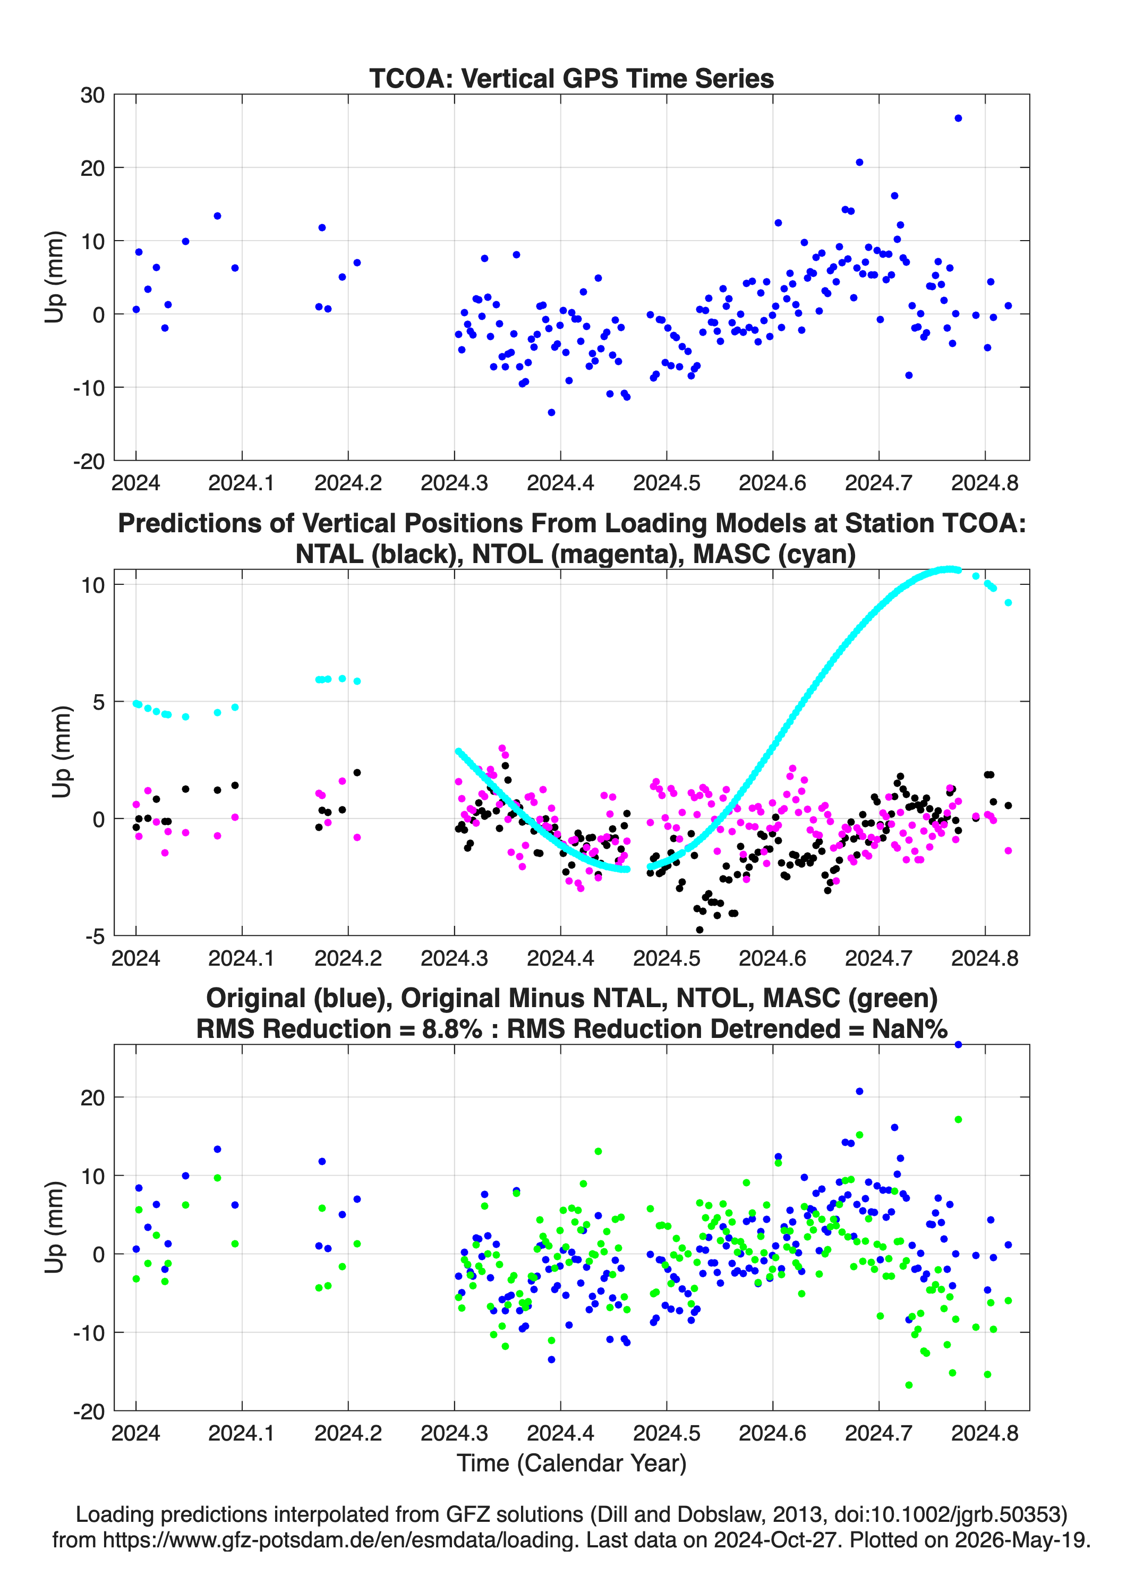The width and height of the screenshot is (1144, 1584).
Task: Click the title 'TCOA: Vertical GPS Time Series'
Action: pos(571,78)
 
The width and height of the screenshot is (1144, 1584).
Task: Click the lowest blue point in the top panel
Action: pos(551,413)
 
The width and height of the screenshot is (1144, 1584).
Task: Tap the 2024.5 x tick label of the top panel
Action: pos(667,483)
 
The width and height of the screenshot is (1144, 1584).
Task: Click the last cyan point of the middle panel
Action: pos(1009,603)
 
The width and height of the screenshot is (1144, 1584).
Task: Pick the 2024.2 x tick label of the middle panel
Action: pos(348,958)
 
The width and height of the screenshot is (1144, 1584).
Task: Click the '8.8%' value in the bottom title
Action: pos(452,1029)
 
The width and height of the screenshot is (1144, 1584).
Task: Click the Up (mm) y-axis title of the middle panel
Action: pos(62,752)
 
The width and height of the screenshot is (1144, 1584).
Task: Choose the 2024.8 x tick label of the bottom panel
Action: pos(985,1434)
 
